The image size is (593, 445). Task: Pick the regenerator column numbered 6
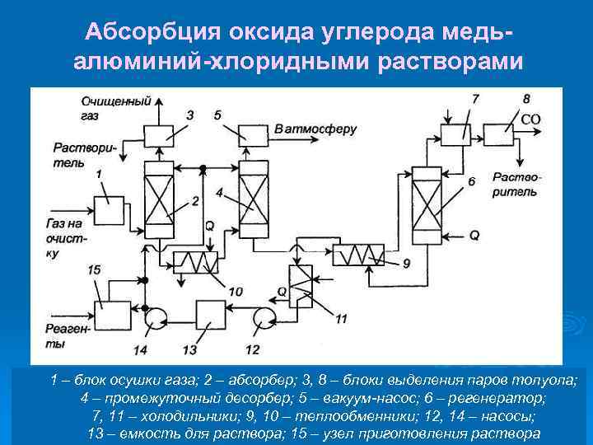coord(428,197)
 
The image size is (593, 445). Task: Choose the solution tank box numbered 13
coord(211,314)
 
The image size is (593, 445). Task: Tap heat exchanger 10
coord(195,263)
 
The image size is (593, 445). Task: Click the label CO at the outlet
coord(531,119)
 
